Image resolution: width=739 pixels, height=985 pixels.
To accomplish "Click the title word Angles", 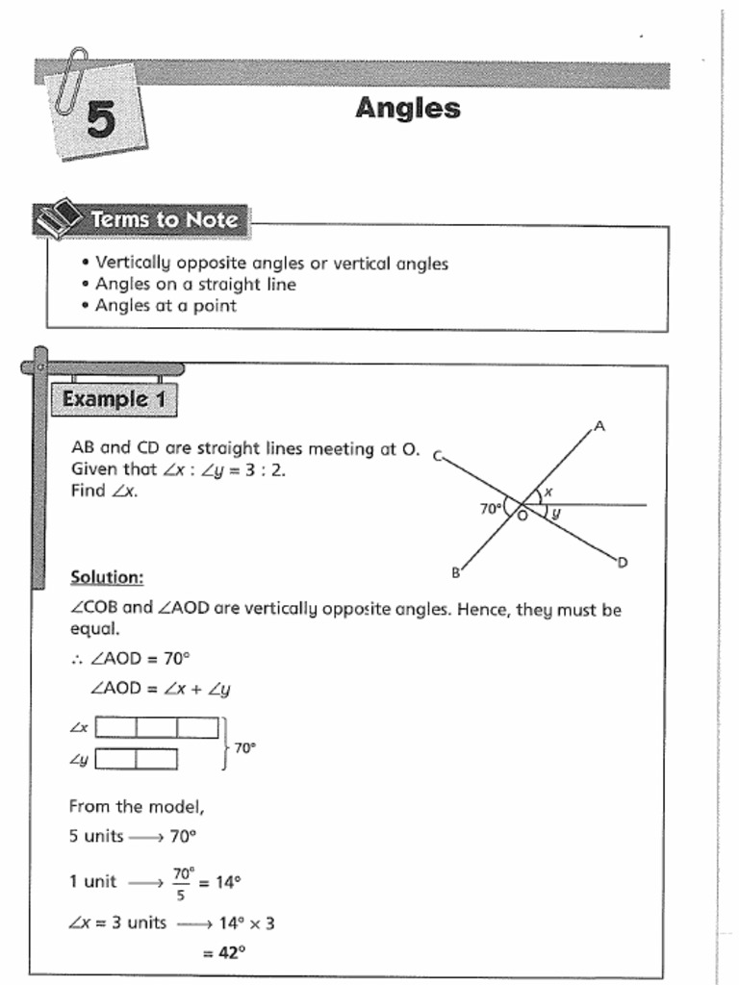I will coord(407,108).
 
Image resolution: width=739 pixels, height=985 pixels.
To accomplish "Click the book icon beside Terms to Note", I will coord(60,218).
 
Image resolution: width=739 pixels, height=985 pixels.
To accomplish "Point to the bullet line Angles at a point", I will coord(166,306).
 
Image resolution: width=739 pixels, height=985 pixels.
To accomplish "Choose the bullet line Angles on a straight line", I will coord(195,285).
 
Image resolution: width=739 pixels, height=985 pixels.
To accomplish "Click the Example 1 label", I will coord(114,399).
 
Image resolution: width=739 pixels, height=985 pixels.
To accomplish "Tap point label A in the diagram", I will coord(599,425).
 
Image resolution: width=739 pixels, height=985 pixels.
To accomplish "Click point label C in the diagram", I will coord(437,457).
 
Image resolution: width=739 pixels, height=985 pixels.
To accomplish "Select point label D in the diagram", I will coord(623,562).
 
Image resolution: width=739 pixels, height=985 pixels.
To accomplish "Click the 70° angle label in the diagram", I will coord(490,508).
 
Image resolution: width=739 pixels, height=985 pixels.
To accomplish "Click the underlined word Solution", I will coord(107,577).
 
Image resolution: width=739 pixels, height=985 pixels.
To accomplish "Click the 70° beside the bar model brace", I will coord(245,746).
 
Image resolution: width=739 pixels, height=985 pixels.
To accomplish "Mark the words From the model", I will coord(136,806).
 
